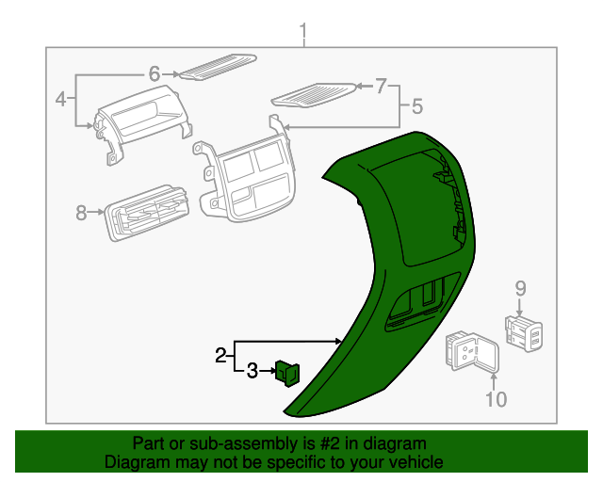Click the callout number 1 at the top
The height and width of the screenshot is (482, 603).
click(x=303, y=35)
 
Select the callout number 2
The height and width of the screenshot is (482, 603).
click(x=220, y=356)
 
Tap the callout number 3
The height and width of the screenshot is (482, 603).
click(x=252, y=372)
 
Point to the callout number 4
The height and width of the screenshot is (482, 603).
click(x=60, y=98)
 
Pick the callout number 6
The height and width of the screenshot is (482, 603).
click(x=155, y=72)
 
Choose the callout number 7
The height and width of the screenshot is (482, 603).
click(x=381, y=88)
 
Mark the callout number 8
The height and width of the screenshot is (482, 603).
click(x=81, y=213)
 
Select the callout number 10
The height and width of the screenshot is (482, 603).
click(x=496, y=399)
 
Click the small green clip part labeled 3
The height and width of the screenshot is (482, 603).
click(x=286, y=374)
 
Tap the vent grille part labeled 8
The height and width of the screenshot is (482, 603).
click(x=148, y=217)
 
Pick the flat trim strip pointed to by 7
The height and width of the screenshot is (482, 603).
click(x=314, y=94)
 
